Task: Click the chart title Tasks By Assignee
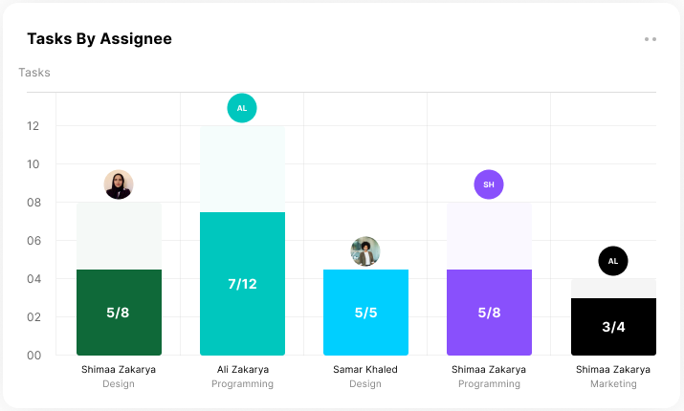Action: coord(99,39)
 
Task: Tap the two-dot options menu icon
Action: coord(651,39)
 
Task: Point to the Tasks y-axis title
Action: coord(34,73)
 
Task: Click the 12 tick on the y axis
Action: coord(34,126)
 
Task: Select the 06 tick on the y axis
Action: coord(34,241)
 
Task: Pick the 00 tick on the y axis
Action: coord(34,356)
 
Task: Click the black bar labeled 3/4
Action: coord(613,339)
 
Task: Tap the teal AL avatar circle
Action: coord(242,108)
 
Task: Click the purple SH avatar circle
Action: coord(489,184)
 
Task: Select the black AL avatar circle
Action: coord(613,261)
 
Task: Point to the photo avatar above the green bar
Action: coord(119,184)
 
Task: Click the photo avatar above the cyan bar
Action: coord(365,251)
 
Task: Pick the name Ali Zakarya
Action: coord(242,369)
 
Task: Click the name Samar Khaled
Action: coord(365,369)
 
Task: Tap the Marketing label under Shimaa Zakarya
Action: coord(613,384)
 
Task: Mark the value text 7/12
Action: coord(242,284)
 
